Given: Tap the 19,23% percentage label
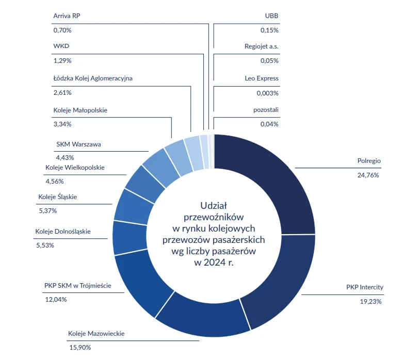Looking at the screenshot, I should pos(371,301).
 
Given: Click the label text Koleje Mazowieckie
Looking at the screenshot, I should pos(96,333).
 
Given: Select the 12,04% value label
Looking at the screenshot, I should pos(56,300).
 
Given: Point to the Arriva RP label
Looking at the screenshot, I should pos(67,16).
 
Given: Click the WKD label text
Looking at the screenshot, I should pos(61,46).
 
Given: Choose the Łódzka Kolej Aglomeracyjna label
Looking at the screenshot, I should pos(93,78).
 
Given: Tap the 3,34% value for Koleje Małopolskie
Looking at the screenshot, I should pos(62,124).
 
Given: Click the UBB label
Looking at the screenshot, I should pos(271,16).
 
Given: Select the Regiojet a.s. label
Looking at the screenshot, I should pos(262,46).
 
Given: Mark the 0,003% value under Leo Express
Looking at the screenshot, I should pos(267,93).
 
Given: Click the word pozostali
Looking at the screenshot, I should pos(266,110).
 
